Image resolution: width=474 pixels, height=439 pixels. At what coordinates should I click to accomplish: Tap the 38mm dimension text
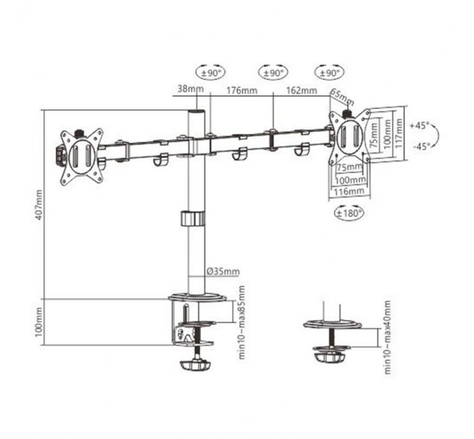[188, 89]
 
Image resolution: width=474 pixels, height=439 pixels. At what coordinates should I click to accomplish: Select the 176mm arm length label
[238, 90]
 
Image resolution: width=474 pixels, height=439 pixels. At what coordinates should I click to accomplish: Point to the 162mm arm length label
[301, 90]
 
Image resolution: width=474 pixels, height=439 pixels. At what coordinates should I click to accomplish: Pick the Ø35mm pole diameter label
[224, 271]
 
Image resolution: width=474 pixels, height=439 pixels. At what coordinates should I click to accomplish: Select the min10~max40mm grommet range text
[388, 336]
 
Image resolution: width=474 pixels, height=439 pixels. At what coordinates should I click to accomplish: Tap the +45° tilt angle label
[420, 126]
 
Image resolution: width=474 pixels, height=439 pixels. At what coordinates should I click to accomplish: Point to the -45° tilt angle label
[420, 146]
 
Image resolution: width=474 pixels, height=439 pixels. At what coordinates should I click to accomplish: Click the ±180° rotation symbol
[349, 213]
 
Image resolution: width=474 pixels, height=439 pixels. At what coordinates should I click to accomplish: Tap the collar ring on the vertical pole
[194, 219]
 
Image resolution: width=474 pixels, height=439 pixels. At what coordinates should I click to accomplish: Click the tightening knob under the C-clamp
[197, 364]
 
